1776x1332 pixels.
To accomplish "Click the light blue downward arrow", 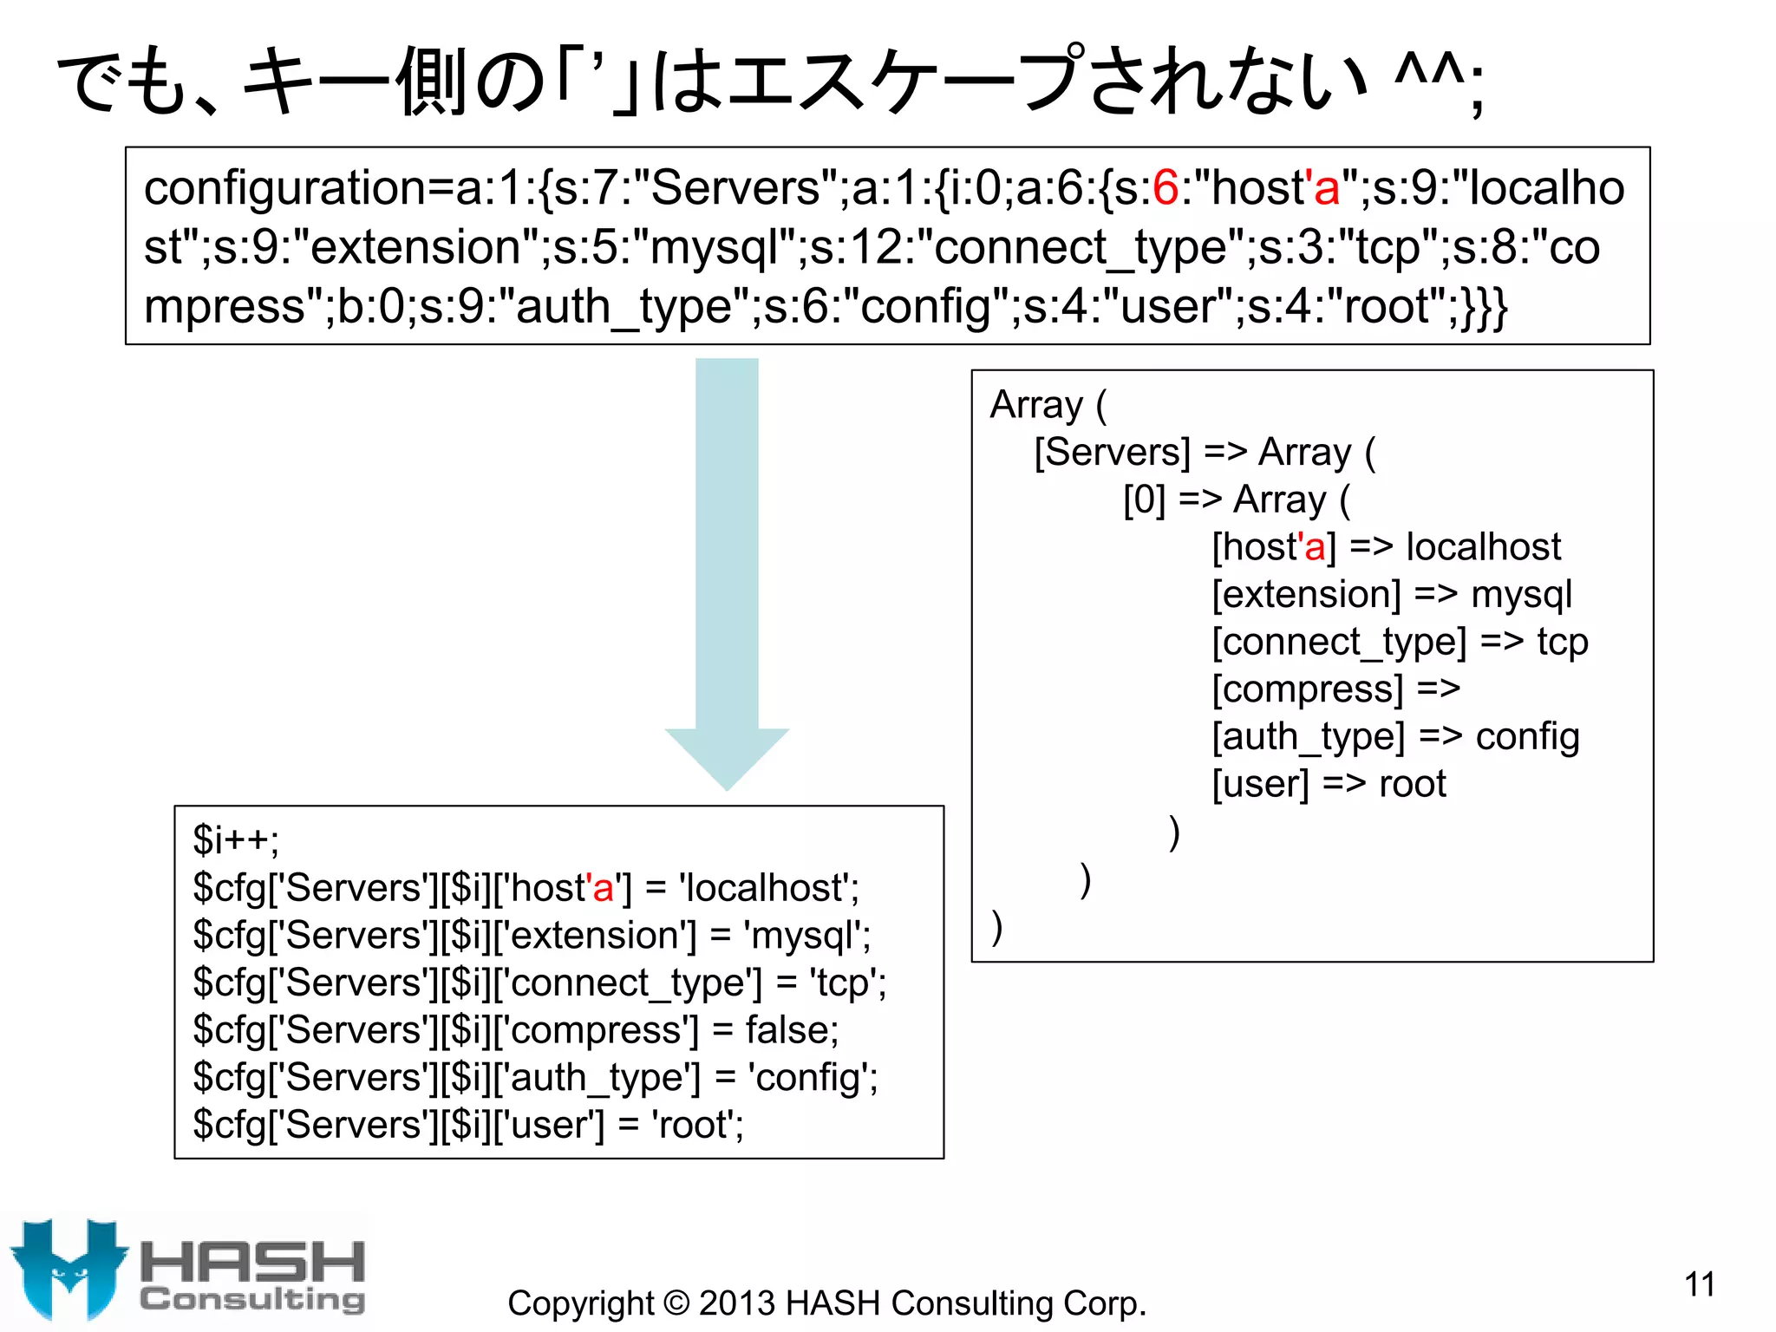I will click(727, 572).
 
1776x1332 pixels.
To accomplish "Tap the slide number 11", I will click(1700, 1284).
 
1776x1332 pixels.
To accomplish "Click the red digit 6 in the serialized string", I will click(1166, 188).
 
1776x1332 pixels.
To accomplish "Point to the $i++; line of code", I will click(236, 839).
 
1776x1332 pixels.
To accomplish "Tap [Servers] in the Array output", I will click(1113, 453).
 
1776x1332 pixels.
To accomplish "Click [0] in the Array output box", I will click(1145, 500).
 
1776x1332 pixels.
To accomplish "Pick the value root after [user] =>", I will click(1413, 784).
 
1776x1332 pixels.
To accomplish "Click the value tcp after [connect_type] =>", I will click(1563, 642).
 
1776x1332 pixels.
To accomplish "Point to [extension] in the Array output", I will click(1306, 595).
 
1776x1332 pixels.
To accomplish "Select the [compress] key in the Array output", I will click(1307, 689).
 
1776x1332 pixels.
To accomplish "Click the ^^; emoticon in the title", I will click(1439, 82).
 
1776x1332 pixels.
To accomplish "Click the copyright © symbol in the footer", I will click(676, 1303).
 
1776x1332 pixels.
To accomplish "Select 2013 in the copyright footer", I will click(736, 1303).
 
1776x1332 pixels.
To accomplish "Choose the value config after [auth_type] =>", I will click(1527, 737).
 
